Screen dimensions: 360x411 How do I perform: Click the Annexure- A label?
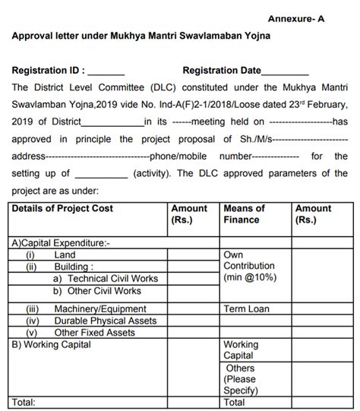pos(295,18)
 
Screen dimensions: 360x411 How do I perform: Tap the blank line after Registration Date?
pos(285,73)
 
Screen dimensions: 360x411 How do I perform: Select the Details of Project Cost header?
pos(62,208)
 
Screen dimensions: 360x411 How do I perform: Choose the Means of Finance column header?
pos(244,214)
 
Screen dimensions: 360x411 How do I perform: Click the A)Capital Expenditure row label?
pos(61,244)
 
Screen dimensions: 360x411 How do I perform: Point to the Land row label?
pos(65,255)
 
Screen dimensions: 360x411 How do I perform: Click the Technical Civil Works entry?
pos(111,279)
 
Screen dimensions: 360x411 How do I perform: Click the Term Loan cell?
pos(247,309)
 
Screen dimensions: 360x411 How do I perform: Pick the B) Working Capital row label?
pos(52,344)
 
